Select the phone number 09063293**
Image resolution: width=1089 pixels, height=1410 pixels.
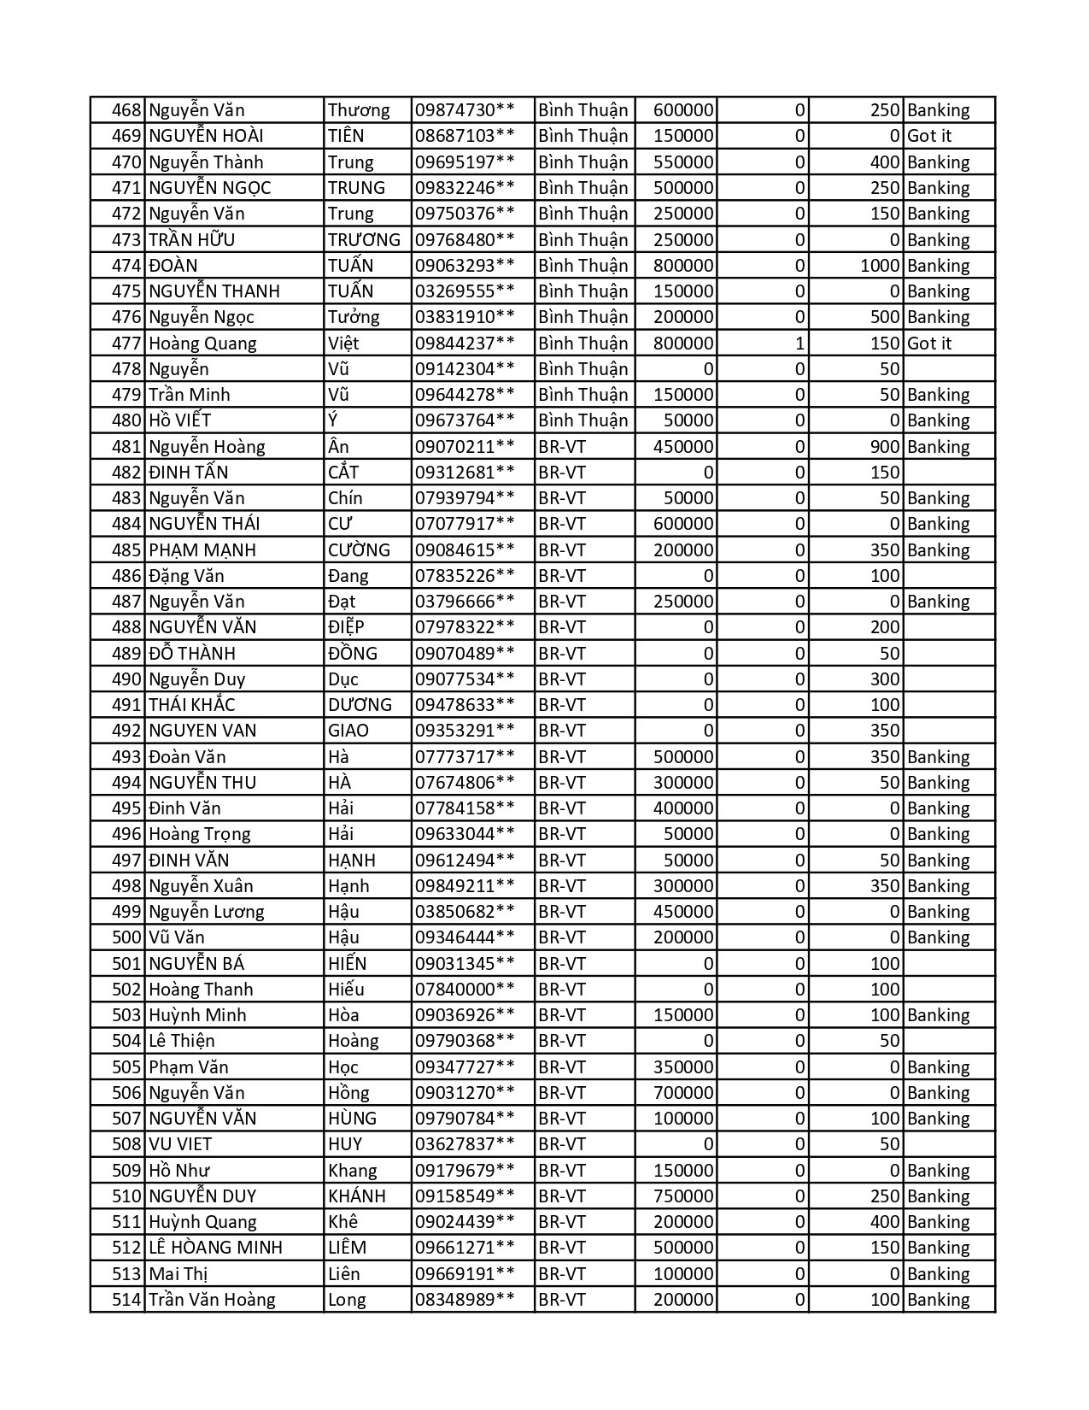tap(465, 266)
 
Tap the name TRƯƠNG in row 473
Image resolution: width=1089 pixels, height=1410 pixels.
tap(364, 240)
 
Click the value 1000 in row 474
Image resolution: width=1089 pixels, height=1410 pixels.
tap(880, 266)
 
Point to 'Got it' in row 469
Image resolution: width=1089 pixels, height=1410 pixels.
tap(929, 136)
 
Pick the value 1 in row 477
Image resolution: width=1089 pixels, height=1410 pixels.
tap(799, 344)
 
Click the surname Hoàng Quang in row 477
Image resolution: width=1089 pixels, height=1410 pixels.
tap(202, 344)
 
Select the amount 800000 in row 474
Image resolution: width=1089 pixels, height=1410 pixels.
tap(683, 266)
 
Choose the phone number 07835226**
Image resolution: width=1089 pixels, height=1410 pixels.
tap(465, 576)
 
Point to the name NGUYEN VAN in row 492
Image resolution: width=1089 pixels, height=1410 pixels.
tap(202, 731)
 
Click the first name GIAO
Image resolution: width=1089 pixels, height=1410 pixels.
tap(348, 731)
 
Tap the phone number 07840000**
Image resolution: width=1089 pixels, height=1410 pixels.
tap(465, 990)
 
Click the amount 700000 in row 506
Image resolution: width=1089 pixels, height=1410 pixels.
tap(683, 1093)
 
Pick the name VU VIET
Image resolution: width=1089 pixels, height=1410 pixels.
tap(180, 1144)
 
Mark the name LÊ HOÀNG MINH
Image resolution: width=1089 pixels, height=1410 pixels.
tap(215, 1248)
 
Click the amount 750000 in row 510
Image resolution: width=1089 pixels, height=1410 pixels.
tap(683, 1196)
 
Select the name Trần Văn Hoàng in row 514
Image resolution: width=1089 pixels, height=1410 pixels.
tap(212, 1300)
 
